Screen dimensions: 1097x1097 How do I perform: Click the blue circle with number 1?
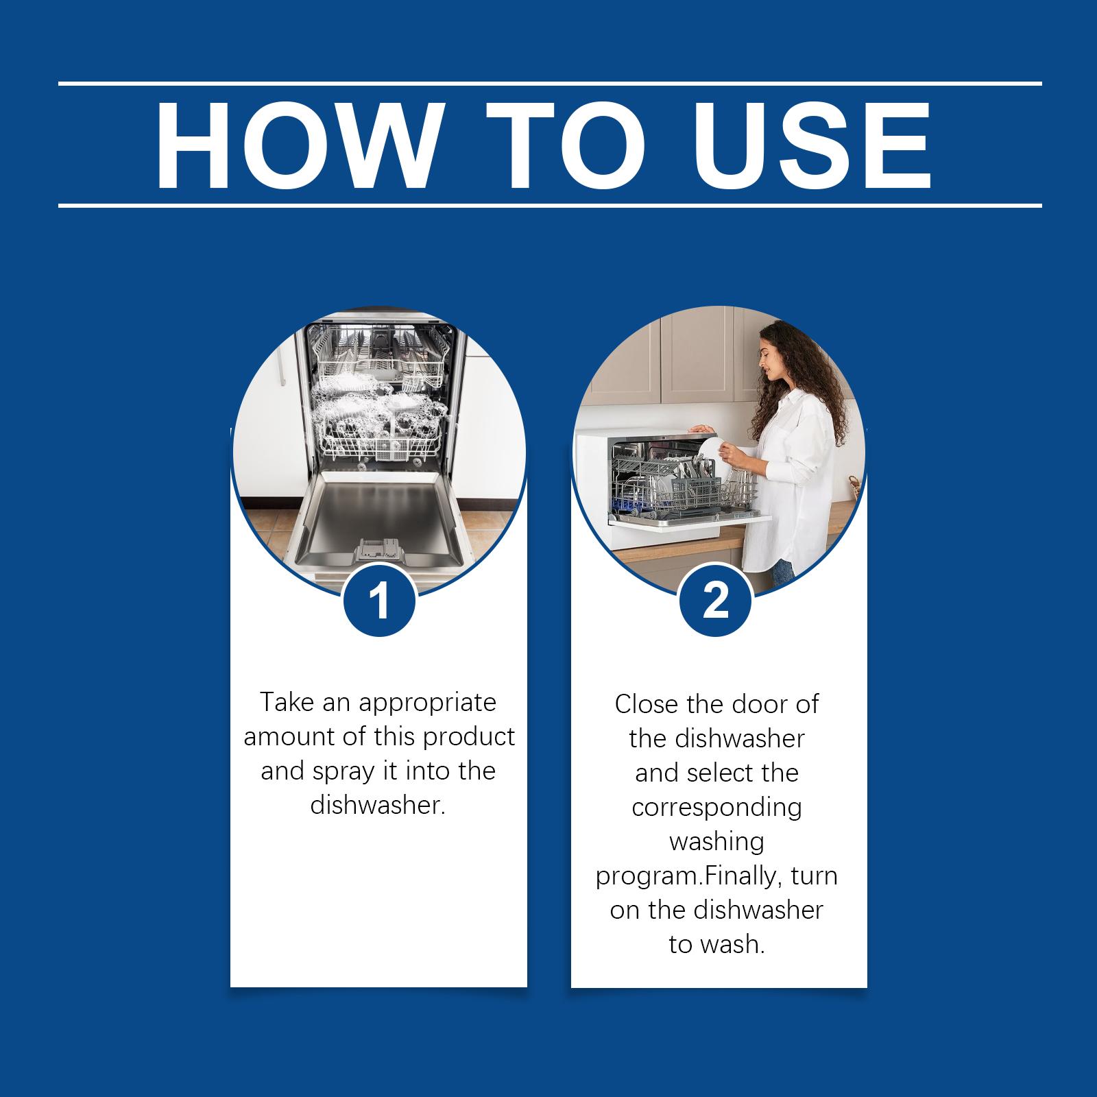[379, 601]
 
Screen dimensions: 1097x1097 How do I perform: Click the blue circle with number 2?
[716, 601]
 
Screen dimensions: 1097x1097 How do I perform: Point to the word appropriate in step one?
[427, 703]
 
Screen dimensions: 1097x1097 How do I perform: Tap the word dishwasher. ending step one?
[378, 805]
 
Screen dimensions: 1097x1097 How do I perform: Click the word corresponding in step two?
[716, 807]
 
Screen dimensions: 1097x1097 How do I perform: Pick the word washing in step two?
[716, 841]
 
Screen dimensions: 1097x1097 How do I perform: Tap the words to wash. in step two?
[716, 945]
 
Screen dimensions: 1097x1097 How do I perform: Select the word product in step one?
[469, 737]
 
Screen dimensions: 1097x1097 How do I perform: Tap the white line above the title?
[548, 84]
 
